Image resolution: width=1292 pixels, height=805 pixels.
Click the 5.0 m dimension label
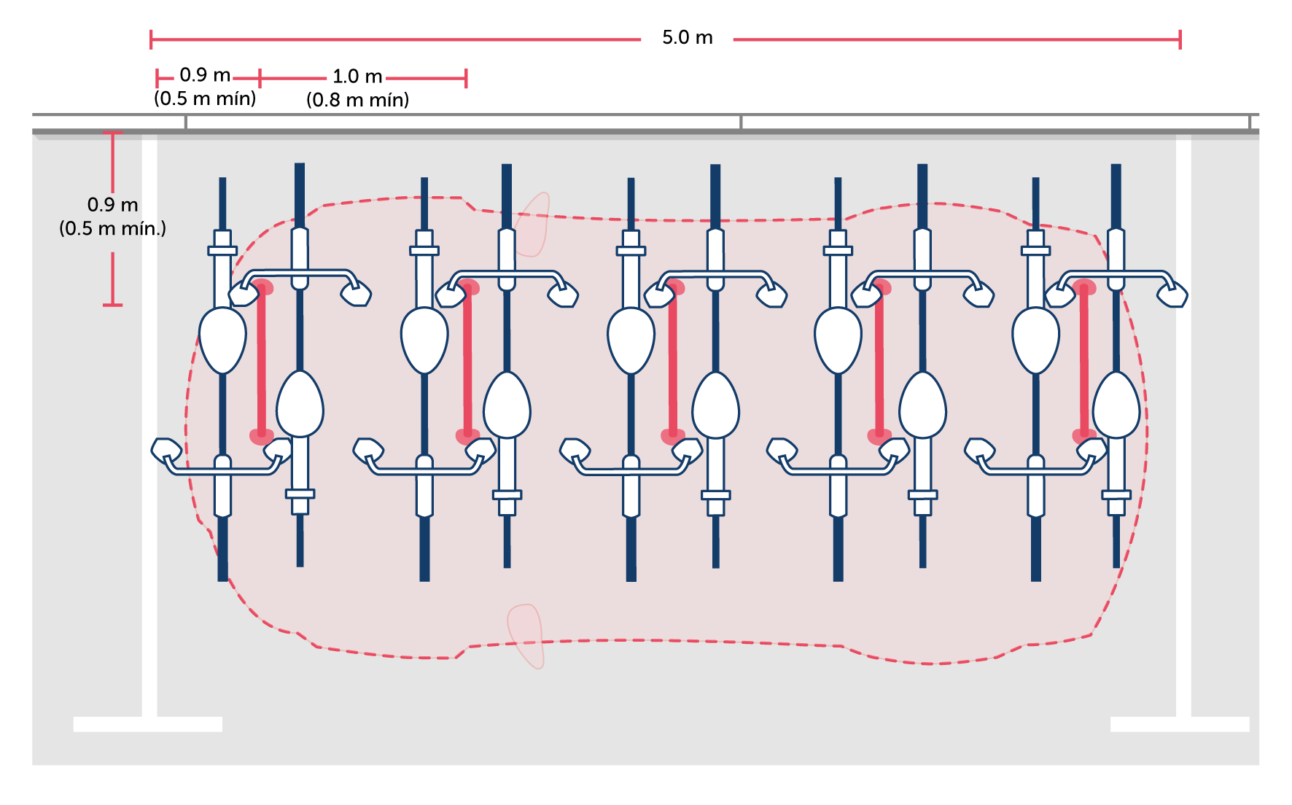[687, 39]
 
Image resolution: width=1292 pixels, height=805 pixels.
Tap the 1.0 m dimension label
[357, 77]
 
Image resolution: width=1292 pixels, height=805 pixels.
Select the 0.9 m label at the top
[204, 76]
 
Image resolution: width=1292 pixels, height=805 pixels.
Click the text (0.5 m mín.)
[113, 229]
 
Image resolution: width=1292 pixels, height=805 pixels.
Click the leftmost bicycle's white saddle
[222, 340]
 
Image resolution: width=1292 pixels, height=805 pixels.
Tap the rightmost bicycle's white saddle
[1116, 405]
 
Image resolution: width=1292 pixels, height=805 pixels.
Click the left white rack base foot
[148, 724]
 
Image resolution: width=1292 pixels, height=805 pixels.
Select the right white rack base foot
[1179, 724]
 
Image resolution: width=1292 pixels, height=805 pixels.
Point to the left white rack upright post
[149, 423]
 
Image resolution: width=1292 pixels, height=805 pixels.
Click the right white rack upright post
[1183, 423]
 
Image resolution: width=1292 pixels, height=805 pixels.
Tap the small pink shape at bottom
[526, 634]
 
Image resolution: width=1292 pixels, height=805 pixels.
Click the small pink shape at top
[533, 224]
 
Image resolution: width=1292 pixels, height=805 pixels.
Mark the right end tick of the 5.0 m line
[1180, 39]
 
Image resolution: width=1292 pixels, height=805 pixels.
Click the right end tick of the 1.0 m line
[466, 79]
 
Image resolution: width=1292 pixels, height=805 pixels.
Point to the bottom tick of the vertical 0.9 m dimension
[112, 305]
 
